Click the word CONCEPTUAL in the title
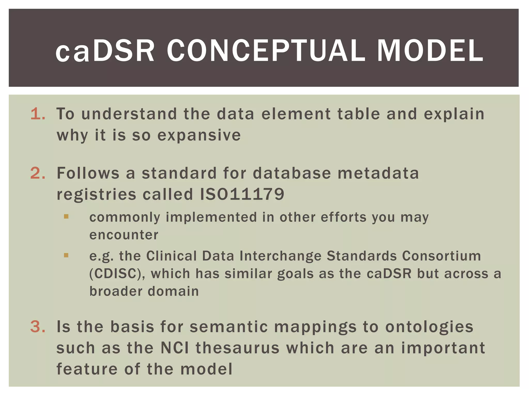(x=266, y=51)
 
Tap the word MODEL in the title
(x=430, y=51)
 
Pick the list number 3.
(x=38, y=326)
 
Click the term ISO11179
(x=242, y=194)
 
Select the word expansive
(x=199, y=135)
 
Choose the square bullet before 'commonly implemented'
(x=66, y=217)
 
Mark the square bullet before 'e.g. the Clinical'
(x=66, y=255)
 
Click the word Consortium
(x=441, y=256)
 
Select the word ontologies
(x=429, y=327)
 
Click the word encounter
(x=124, y=235)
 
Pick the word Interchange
(x=280, y=256)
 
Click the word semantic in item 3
(x=229, y=326)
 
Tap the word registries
(x=96, y=194)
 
